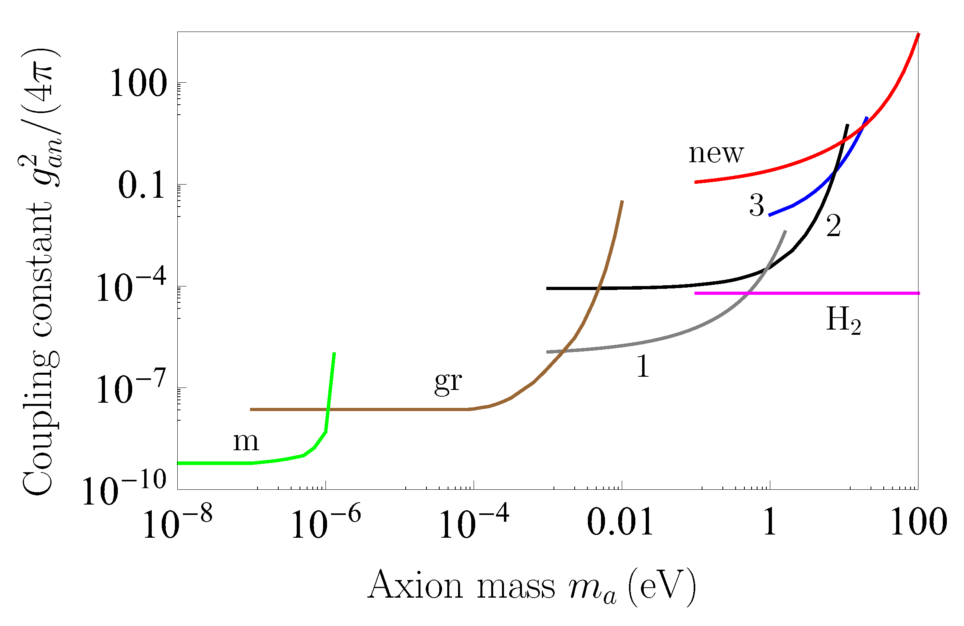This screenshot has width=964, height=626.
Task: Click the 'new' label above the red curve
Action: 716,154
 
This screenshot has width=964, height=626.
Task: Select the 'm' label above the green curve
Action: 246,442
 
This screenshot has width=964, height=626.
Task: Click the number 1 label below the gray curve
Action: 643,366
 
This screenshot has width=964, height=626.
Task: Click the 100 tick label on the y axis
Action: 138,83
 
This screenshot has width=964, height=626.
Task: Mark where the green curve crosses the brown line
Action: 328,409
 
